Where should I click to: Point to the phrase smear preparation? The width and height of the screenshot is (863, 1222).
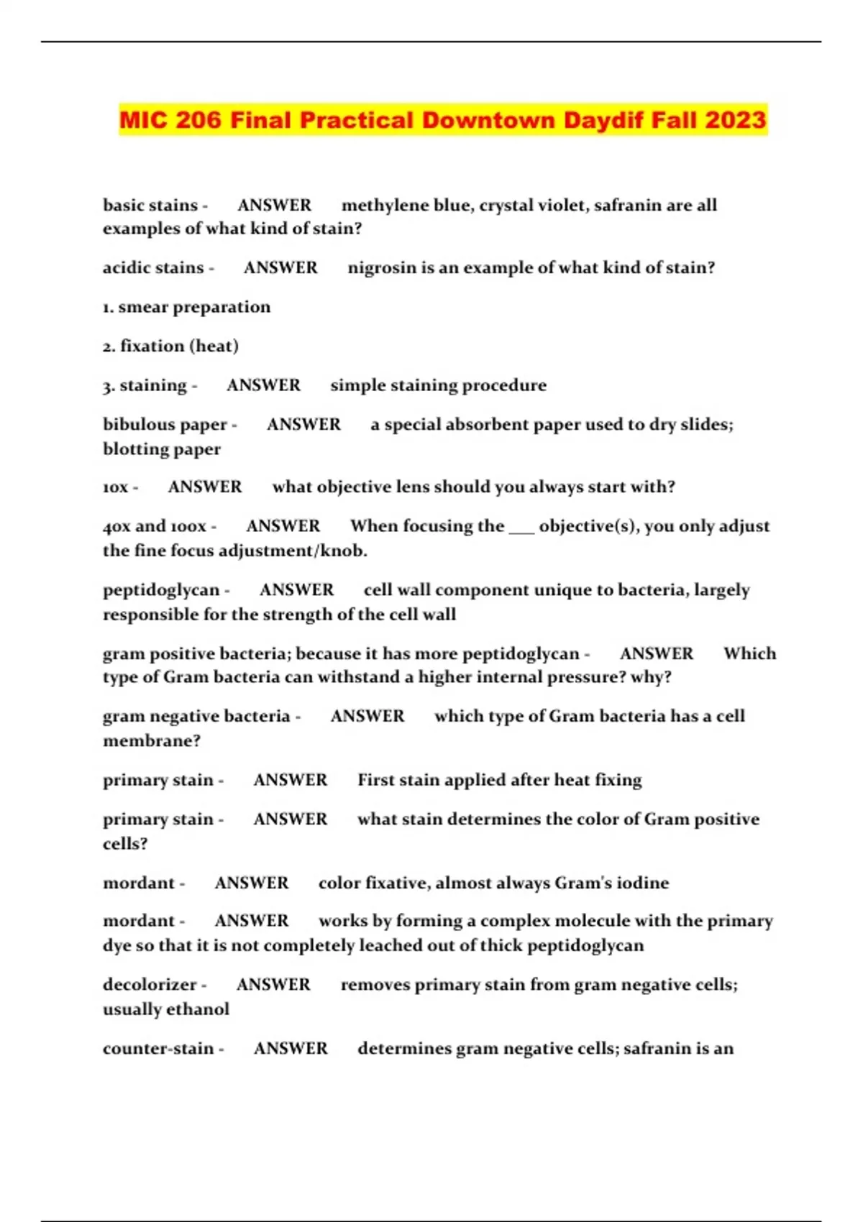coord(194,307)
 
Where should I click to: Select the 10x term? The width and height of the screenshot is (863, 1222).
coord(116,487)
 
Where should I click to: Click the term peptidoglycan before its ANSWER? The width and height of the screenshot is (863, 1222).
coord(161,590)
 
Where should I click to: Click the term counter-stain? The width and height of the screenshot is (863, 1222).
coord(158,1049)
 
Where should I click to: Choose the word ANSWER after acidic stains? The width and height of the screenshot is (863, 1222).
coord(280,267)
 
